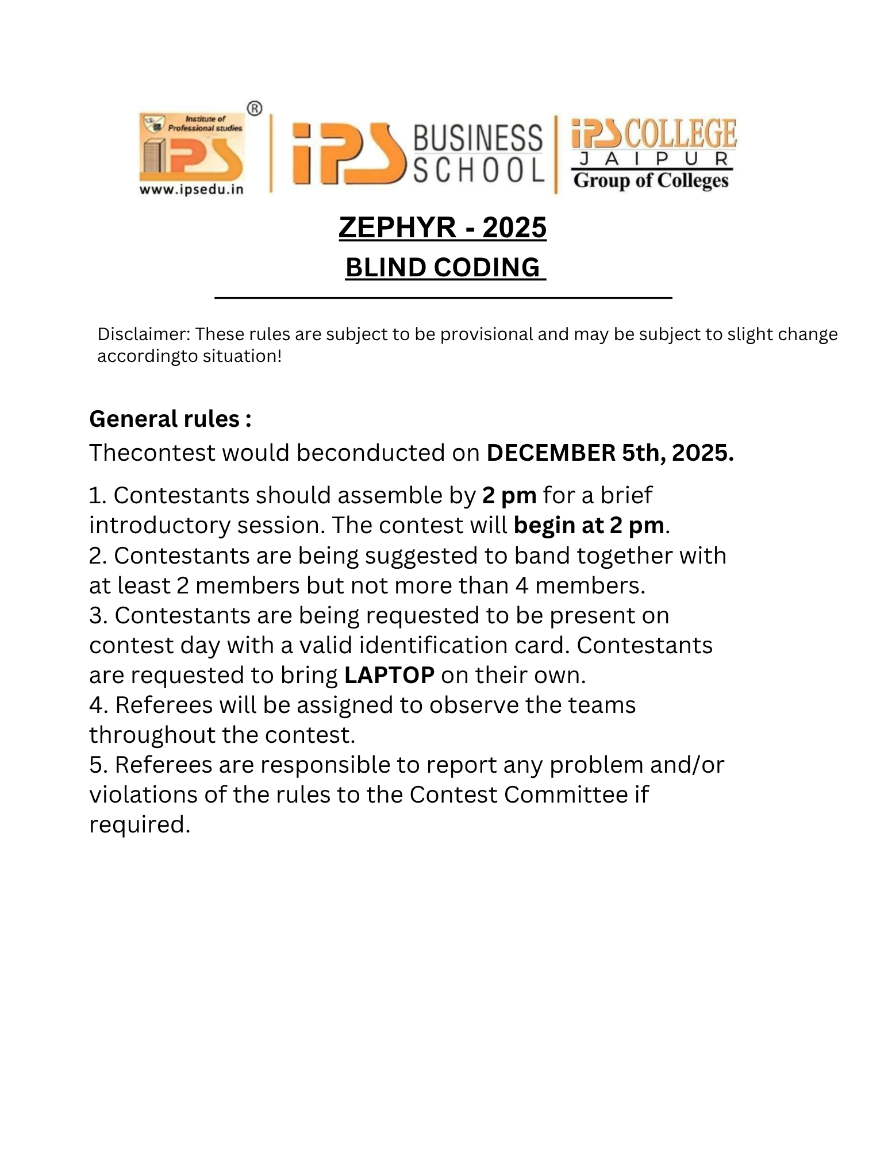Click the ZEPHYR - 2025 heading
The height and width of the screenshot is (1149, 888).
442,228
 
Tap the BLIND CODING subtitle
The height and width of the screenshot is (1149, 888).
443,268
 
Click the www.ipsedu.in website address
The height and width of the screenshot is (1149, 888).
191,189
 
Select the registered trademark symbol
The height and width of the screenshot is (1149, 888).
255,108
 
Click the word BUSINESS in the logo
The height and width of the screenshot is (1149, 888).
477,138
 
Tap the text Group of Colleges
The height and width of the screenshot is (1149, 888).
651,180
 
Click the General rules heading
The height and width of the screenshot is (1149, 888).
170,419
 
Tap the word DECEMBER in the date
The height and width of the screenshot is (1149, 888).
551,453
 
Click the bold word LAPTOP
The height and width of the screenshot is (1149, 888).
389,675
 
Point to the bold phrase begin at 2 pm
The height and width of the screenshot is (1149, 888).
589,525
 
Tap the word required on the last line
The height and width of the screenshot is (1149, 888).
139,824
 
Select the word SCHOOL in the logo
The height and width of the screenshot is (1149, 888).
478,170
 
